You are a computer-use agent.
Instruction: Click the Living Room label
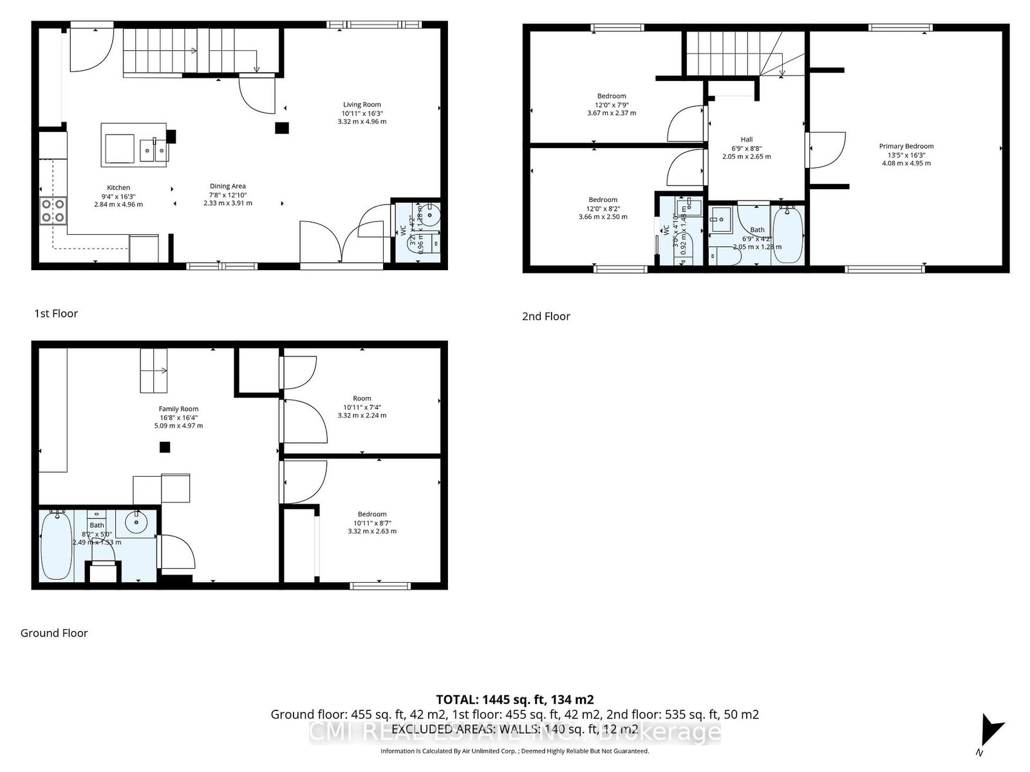362,105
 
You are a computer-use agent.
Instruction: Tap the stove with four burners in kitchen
53,210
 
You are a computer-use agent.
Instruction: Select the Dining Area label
227,187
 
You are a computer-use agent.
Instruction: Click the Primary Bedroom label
906,147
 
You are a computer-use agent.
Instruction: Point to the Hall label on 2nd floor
746,140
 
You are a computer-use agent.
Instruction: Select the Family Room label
178,409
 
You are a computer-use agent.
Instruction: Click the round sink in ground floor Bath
136,522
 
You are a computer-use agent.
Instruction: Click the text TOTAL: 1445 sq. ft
514,699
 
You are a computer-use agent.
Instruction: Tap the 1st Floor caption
56,314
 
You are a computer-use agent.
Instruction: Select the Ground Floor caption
54,633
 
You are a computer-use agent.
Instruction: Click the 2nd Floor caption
546,317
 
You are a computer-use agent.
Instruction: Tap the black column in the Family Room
165,447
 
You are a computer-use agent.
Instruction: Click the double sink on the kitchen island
154,150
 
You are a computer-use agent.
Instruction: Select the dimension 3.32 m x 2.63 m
372,531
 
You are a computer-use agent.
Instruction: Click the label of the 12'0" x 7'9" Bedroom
611,96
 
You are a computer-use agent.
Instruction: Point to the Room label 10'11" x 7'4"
362,399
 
